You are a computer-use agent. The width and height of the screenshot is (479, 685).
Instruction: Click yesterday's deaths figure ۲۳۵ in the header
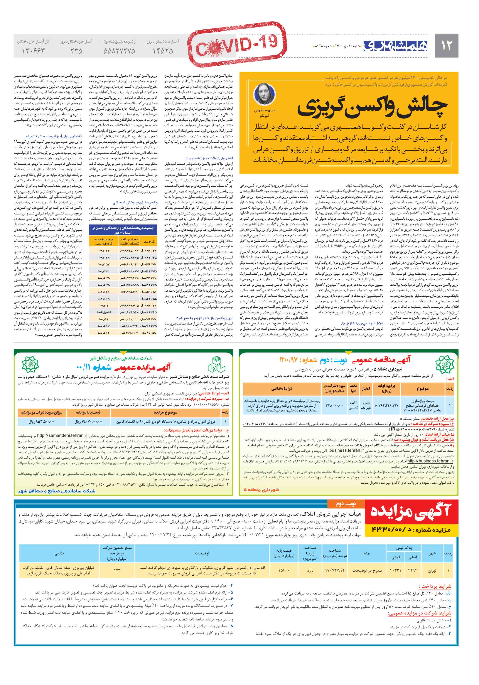[76, 51]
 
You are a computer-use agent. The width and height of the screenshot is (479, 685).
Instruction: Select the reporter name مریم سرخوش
[265, 110]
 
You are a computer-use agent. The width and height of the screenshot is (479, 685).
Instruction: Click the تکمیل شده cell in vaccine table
[103, 312]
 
